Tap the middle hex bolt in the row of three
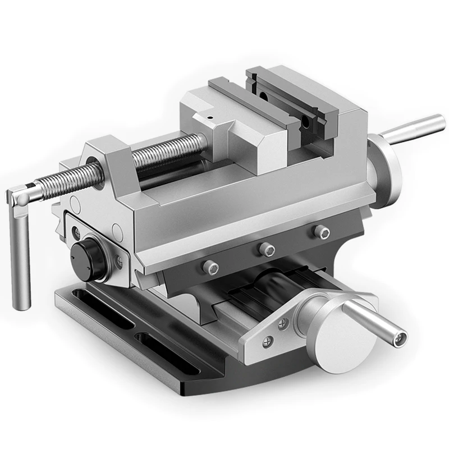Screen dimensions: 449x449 pyautogui.click(x=267, y=249)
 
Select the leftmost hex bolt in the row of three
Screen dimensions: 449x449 pyautogui.click(x=211, y=267)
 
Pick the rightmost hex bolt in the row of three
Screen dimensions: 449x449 pyautogui.click(x=320, y=231)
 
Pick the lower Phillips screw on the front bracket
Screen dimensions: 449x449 pyautogui.click(x=269, y=340)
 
